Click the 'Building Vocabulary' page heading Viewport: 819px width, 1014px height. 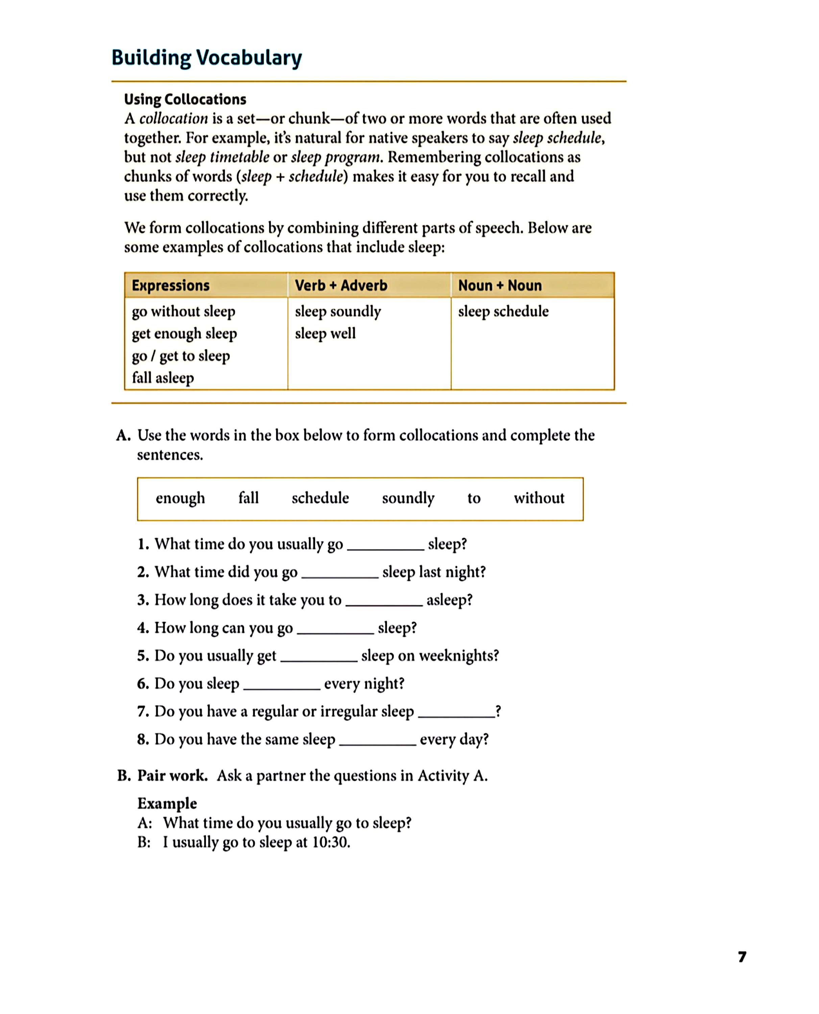207,58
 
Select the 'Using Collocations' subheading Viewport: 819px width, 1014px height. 185,99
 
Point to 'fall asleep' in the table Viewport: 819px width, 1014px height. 163,378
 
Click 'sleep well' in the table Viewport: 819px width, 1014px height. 325,334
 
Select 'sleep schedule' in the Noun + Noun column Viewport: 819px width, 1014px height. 503,311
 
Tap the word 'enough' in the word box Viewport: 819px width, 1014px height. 180,498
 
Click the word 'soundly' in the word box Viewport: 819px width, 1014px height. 408,498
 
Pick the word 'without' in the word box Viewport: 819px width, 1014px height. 539,498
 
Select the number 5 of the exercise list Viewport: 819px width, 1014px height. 143,656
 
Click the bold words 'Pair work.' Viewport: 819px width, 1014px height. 172,776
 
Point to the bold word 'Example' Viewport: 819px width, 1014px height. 167,803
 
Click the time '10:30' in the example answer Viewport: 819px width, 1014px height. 330,842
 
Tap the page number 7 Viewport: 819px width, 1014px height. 742,957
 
